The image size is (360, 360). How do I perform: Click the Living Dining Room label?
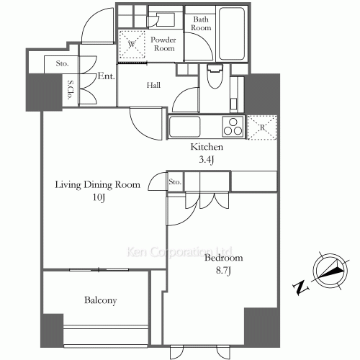96,185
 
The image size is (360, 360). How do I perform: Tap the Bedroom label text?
223,258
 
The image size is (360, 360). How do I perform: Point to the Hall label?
154,85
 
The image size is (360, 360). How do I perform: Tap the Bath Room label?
200,24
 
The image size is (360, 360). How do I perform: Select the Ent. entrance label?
107,76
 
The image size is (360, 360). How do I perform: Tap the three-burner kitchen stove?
233,129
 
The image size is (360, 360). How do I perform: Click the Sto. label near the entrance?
61,63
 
